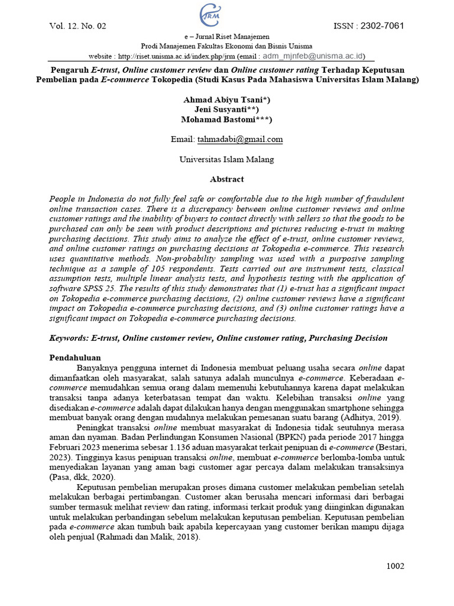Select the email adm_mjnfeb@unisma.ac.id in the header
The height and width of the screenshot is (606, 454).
point(314,56)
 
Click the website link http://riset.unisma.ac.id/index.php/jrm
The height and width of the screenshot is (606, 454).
point(177,57)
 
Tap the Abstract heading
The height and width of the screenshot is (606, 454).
point(226,179)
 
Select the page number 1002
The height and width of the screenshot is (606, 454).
point(395,566)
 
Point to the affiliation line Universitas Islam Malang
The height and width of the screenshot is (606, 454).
point(226,159)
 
